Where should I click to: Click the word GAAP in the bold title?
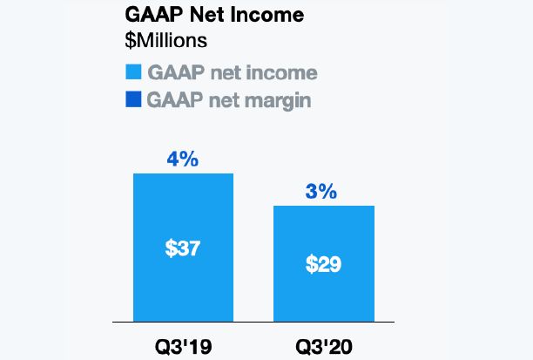151,17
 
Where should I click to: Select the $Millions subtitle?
165,40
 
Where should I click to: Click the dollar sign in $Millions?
131,40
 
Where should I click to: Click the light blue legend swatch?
133,71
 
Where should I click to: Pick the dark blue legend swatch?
133,98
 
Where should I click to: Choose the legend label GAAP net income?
232,72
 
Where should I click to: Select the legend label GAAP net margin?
230,99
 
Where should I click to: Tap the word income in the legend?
280,72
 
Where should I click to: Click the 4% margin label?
183,159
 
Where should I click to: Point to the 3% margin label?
322,191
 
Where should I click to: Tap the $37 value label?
183,248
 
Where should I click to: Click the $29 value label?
323,263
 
